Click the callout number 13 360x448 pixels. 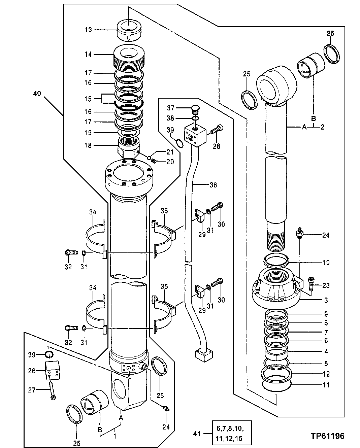[x=88, y=30]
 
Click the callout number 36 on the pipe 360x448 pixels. [x=213, y=185]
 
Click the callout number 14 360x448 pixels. [x=88, y=54]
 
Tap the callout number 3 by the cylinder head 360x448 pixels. [x=326, y=300]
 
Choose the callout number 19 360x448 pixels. [x=88, y=133]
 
